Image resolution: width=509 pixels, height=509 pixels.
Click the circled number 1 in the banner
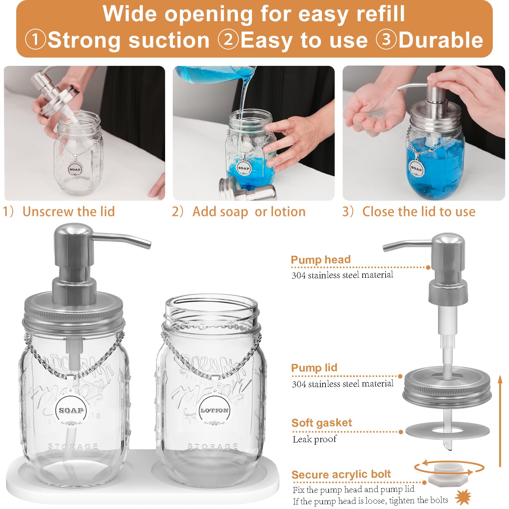(x=36, y=40)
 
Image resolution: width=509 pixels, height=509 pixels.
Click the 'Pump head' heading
(x=321, y=260)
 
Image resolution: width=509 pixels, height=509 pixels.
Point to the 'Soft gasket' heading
(x=322, y=423)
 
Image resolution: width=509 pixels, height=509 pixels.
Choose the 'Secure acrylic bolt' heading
(x=341, y=475)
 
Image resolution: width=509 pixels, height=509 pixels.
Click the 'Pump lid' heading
(x=314, y=368)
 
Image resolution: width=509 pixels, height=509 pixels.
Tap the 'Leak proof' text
(x=315, y=439)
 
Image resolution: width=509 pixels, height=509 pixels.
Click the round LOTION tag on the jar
(x=214, y=410)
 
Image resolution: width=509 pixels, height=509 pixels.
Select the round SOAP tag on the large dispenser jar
(x=71, y=410)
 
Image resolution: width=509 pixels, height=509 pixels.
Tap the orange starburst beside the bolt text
(x=463, y=498)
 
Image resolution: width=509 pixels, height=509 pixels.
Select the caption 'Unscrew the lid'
(x=68, y=212)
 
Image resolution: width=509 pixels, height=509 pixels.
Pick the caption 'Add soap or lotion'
(x=249, y=212)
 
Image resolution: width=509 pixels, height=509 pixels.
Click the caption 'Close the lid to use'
(x=419, y=212)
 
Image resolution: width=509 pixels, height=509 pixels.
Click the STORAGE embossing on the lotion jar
(x=212, y=447)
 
